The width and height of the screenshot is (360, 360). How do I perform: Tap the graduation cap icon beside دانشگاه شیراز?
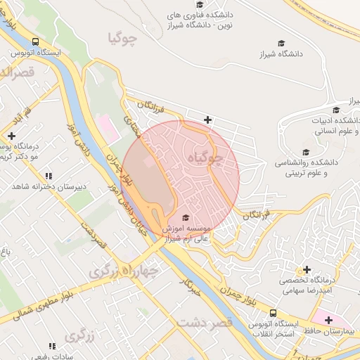[x=281, y=43]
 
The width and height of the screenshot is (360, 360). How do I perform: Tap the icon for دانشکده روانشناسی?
[x=305, y=152]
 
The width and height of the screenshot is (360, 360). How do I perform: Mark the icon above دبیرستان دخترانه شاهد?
[x=48, y=176]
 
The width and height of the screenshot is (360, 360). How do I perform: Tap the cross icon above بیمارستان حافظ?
[x=328, y=320]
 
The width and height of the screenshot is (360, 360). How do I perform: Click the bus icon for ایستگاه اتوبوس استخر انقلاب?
[x=273, y=313]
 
